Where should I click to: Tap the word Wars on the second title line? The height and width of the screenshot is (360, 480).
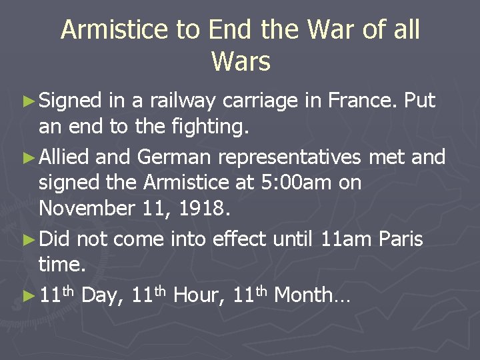click(241, 61)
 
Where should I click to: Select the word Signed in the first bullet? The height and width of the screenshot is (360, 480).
click(70, 101)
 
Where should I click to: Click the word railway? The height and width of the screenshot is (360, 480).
click(181, 101)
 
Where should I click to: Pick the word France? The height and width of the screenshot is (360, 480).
click(360, 101)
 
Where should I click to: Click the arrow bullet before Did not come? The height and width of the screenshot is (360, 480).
click(30, 239)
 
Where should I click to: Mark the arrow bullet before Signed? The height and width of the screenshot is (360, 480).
click(30, 102)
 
